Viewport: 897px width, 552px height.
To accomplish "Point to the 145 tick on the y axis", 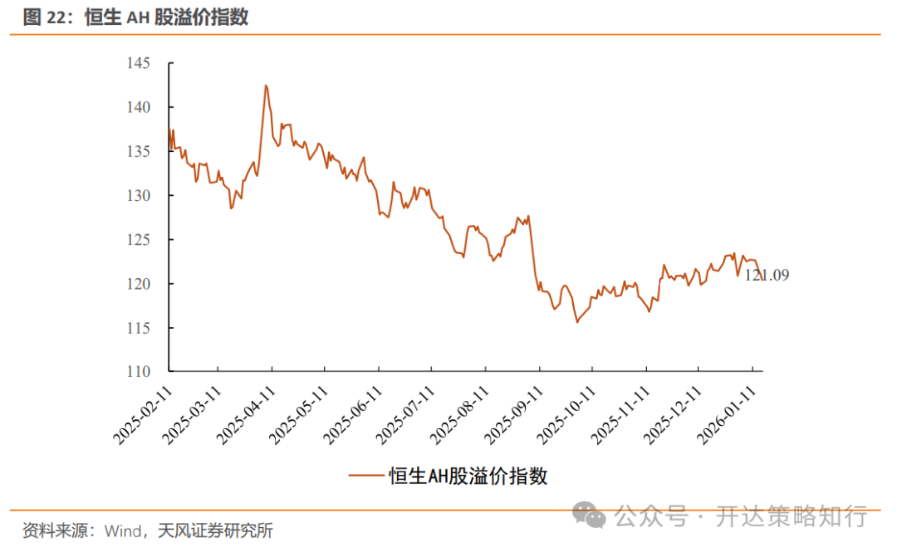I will [x=138, y=63].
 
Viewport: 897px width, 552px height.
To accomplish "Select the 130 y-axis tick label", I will [x=138, y=196].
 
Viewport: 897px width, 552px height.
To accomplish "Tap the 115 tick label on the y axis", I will [x=138, y=328].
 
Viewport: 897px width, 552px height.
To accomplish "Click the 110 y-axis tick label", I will [x=138, y=372].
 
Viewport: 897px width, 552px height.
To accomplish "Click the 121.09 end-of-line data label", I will [x=766, y=275].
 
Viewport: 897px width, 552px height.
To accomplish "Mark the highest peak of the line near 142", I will [x=266, y=85].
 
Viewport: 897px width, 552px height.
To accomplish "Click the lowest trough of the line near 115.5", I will [x=576, y=322].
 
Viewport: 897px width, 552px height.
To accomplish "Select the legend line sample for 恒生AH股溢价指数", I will [x=367, y=476].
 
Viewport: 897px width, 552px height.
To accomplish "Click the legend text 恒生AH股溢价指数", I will [x=468, y=476].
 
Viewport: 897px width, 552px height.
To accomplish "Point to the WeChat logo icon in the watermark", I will [x=593, y=515].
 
